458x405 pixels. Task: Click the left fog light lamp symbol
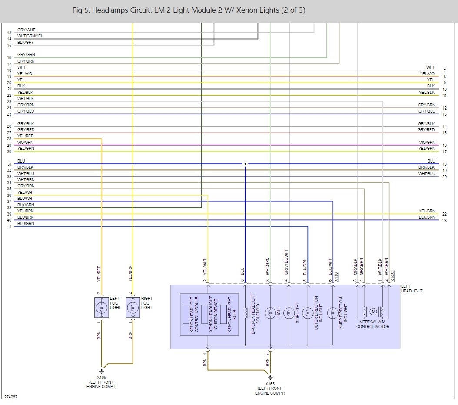pyautogui.click(x=101, y=307)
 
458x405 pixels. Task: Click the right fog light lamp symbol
pyautogui.click(x=133, y=307)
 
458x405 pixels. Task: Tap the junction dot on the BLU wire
pyautogui.click(x=245, y=164)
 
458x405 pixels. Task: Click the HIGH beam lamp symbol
pyautogui.click(x=270, y=312)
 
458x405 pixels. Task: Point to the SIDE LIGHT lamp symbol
pyautogui.click(x=288, y=312)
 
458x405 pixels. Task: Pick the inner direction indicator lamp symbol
pyautogui.click(x=332, y=312)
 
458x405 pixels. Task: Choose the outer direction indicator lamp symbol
pyautogui.click(x=307, y=312)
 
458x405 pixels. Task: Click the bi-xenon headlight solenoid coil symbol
pyautogui.click(x=246, y=312)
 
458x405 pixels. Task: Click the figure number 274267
pyautogui.click(x=11, y=397)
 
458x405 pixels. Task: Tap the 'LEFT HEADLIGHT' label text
pyautogui.click(x=412, y=289)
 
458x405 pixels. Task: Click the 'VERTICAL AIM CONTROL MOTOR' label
pyautogui.click(x=372, y=324)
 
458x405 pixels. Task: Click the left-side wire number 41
pyautogui.click(x=9, y=227)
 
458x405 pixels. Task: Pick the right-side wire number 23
pyautogui.click(x=445, y=221)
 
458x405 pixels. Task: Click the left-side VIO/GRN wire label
pyautogui.click(x=25, y=143)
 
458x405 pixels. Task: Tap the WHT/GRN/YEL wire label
pyautogui.click(x=30, y=36)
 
